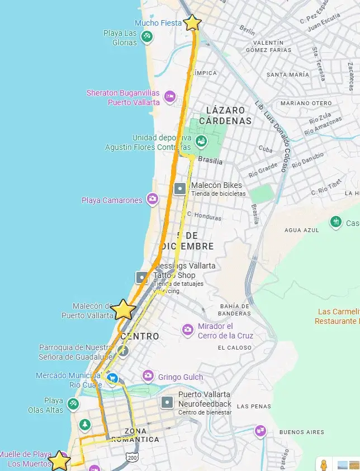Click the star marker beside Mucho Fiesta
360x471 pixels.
[192, 22]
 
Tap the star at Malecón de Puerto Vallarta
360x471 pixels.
[124, 309]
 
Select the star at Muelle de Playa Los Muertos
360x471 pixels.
[59, 461]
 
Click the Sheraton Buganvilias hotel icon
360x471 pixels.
[171, 97]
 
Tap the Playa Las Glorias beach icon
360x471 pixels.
[146, 36]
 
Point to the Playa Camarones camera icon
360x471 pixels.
[152, 199]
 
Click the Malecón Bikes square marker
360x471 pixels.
[180, 189]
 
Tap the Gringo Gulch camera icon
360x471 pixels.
[148, 376]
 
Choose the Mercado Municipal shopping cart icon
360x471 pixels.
[112, 379]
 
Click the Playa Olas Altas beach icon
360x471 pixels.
[73, 404]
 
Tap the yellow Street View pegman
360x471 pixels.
[323, 464]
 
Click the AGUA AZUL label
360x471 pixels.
[301, 230]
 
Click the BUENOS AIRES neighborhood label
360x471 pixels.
[301, 432]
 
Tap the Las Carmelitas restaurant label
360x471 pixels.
[337, 316]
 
